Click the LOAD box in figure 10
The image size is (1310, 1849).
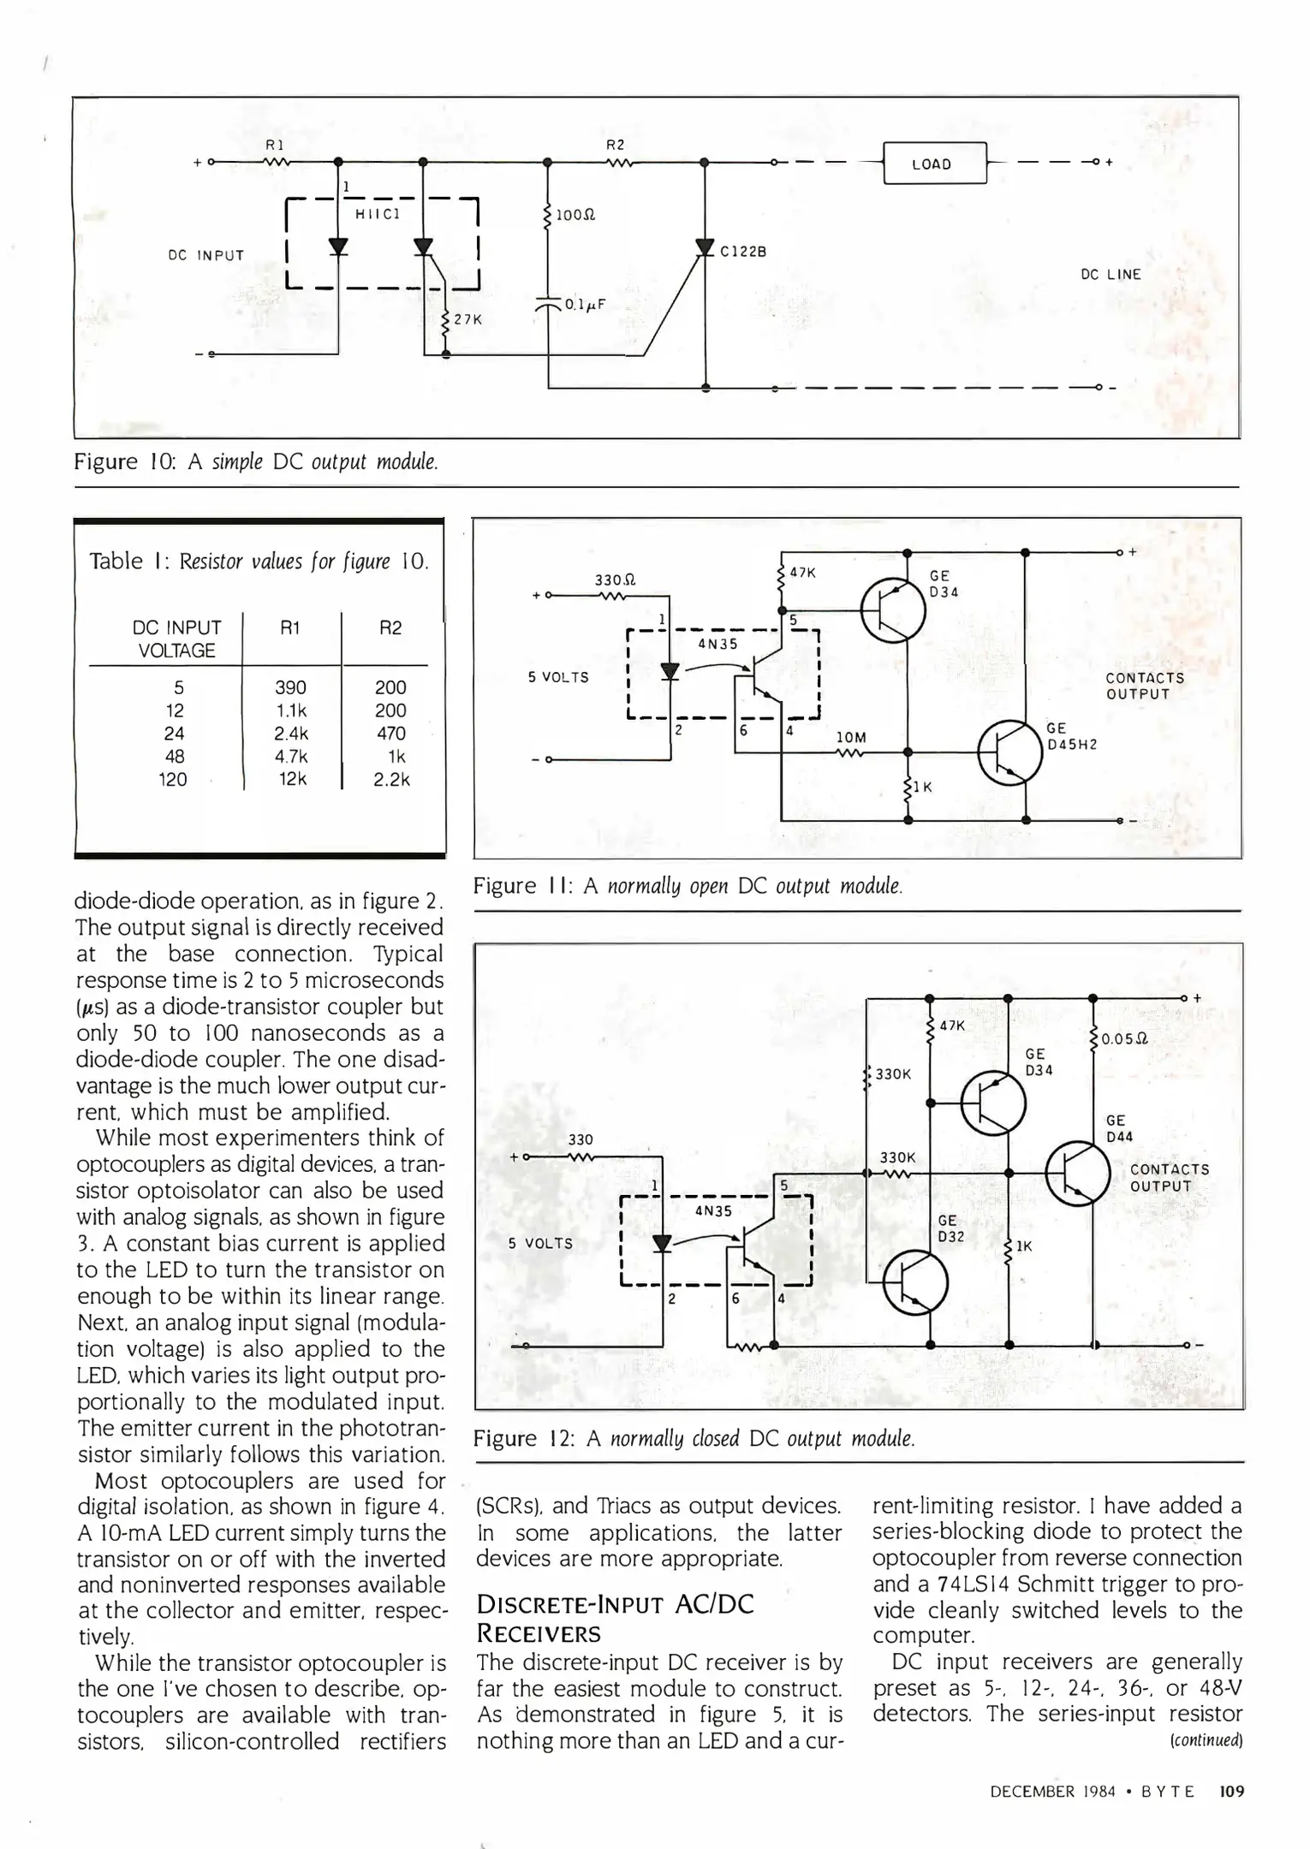tap(933, 163)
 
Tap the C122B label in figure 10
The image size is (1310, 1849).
tap(742, 252)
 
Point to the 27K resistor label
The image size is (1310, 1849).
tap(468, 319)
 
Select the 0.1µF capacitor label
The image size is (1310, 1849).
tap(585, 304)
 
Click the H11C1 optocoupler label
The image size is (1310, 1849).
tap(378, 213)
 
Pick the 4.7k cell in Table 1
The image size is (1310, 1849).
tap(291, 757)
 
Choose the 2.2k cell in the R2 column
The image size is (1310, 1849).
tap(391, 780)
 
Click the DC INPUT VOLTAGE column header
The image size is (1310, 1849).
tap(177, 639)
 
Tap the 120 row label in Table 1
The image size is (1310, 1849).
tap(173, 780)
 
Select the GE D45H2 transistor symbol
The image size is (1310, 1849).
tap(1010, 753)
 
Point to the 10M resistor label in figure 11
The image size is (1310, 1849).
tap(851, 737)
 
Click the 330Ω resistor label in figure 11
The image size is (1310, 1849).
tap(613, 580)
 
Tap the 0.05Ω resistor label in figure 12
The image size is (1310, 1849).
tap(1124, 1039)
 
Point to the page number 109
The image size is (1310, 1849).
tap(1231, 1791)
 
